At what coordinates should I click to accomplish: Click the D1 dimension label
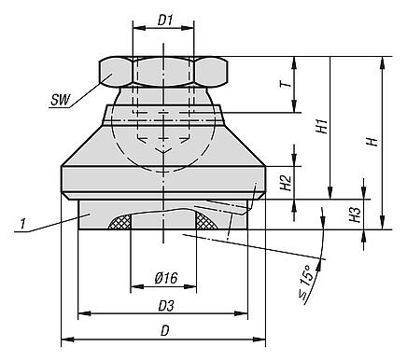(165, 21)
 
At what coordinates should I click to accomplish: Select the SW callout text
(61, 100)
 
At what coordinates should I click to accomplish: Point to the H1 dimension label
(322, 126)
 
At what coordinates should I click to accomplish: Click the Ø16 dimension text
(166, 278)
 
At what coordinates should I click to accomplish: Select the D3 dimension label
(166, 306)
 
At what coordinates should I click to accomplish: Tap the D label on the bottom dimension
(164, 331)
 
